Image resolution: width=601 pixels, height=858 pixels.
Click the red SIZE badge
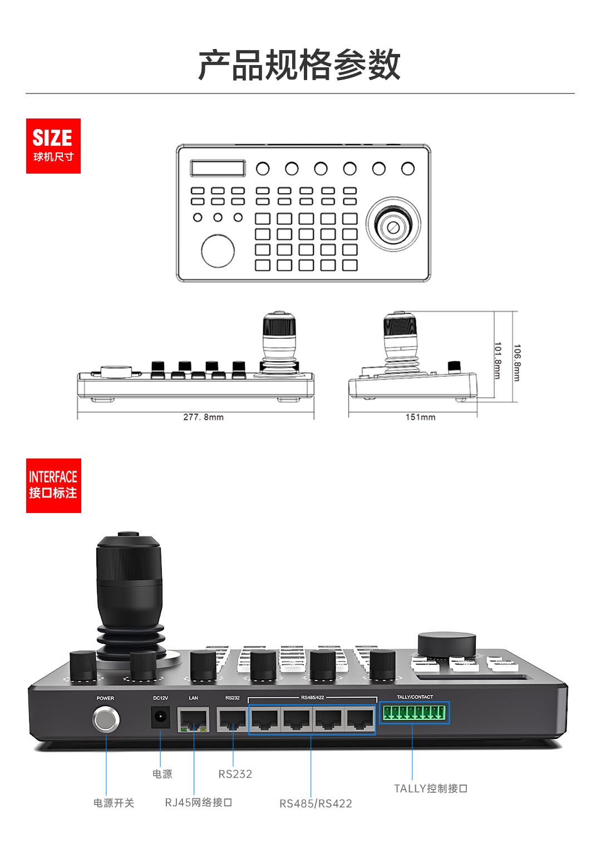pos(53,146)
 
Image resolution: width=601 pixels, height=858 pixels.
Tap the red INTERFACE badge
pos(53,486)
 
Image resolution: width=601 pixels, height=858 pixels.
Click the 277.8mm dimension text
pos(203,417)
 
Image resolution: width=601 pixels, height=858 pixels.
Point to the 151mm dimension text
pos(420,417)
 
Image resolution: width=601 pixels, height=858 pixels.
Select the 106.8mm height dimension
pos(517,363)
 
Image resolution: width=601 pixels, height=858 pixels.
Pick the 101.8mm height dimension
pos(497,361)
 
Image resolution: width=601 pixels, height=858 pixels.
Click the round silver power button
pos(106,719)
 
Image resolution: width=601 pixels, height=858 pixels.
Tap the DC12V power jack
pos(160,717)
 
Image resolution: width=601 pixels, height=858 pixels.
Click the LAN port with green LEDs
pos(194,720)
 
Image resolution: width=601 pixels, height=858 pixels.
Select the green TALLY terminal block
pos(414,713)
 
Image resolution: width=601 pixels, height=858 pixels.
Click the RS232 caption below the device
pos(235,774)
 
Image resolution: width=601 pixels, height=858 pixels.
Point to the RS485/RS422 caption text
pos(316,803)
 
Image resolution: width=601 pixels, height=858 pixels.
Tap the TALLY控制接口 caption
pos(431,788)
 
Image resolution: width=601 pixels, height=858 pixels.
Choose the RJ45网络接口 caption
pos(199,802)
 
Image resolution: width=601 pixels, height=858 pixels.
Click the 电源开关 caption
pos(114,803)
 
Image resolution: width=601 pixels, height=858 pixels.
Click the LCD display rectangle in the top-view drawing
pos(218,168)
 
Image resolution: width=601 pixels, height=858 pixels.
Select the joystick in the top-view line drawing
pos(393,224)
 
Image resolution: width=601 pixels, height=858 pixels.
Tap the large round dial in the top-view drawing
pos(218,251)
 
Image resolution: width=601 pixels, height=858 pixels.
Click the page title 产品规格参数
pos(299,65)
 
